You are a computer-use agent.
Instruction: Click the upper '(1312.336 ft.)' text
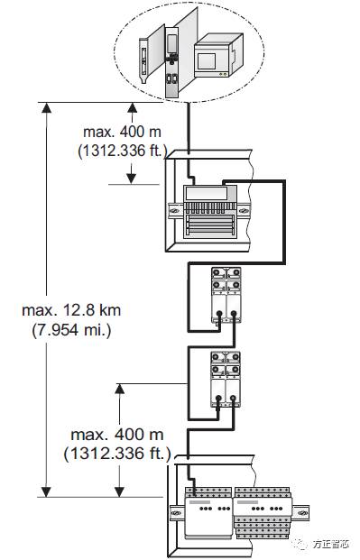tap(122, 151)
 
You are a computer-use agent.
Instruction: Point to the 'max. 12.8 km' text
tap(71, 310)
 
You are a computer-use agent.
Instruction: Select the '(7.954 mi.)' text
tap(70, 330)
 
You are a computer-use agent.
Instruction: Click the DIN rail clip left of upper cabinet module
tap(172, 211)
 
